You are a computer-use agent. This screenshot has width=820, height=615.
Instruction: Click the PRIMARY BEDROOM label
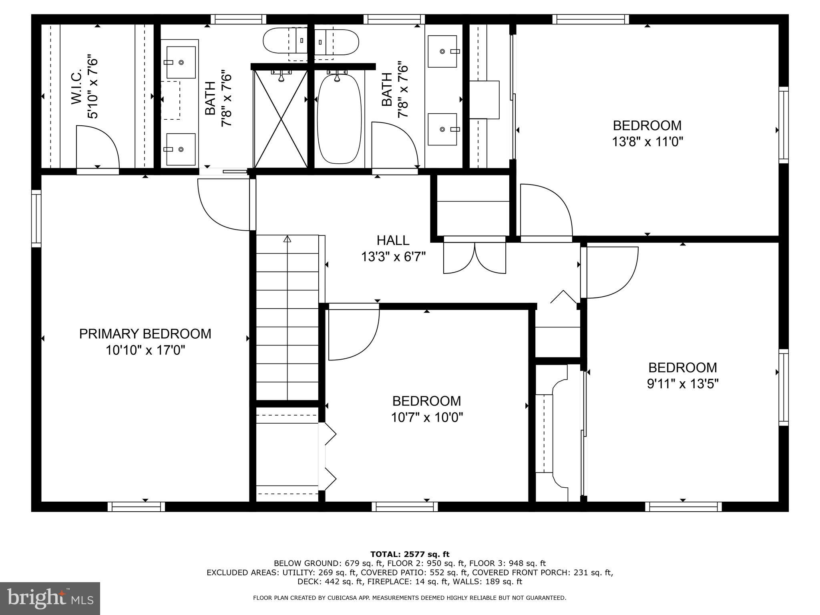pyautogui.click(x=145, y=334)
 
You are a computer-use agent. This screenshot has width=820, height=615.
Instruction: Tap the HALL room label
pyautogui.click(x=393, y=240)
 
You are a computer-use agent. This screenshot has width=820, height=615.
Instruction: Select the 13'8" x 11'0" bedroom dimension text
pyautogui.click(x=647, y=142)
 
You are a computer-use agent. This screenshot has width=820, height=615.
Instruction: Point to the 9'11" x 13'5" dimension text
pyautogui.click(x=683, y=384)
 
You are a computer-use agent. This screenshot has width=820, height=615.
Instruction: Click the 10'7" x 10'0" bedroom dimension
pyautogui.click(x=427, y=418)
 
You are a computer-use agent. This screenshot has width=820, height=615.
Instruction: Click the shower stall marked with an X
pyautogui.click(x=281, y=119)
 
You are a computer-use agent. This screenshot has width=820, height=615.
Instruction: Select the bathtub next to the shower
pyautogui.click(x=339, y=119)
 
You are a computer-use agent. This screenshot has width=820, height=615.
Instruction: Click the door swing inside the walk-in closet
pyautogui.click(x=97, y=147)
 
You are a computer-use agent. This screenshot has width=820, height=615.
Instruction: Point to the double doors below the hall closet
pyautogui.click(x=474, y=258)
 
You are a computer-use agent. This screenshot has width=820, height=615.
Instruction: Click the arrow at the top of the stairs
pyautogui.click(x=287, y=239)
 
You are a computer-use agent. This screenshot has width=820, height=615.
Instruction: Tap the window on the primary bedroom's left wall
pyautogui.click(x=36, y=218)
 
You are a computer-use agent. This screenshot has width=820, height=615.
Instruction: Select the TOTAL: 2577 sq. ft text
pyautogui.click(x=410, y=554)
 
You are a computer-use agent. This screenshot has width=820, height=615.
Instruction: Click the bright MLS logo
pyautogui.click(x=50, y=598)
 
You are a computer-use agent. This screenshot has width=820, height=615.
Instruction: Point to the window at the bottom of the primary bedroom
pyautogui.click(x=136, y=507)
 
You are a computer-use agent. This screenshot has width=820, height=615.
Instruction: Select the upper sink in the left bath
pyautogui.click(x=181, y=62)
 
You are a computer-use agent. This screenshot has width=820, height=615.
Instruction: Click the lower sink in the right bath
pyautogui.click(x=442, y=129)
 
